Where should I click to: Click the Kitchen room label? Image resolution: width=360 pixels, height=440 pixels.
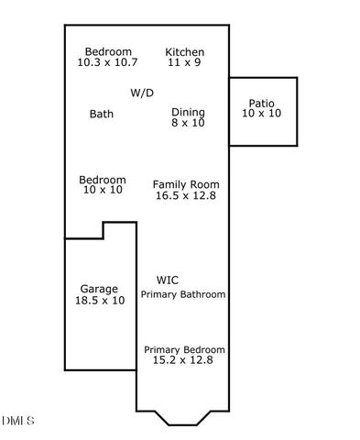pos(184,52)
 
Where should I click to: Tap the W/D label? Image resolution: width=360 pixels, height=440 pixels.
pos(142,93)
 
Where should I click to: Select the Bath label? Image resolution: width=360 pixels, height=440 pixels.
pos(102,115)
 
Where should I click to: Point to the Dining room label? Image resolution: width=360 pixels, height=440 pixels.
pos(188,113)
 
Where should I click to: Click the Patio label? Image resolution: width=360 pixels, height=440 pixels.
pos(262,103)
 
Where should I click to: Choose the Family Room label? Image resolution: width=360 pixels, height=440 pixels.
pos(186,184)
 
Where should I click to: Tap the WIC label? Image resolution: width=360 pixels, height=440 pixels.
pos(168,280)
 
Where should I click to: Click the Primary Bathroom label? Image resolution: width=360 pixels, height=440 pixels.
pos(183,294)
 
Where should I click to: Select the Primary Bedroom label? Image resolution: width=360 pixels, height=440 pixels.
pos(184,350)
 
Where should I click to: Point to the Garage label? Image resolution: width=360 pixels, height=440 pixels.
pos(99,289)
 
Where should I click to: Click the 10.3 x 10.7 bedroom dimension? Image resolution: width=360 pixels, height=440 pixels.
pos(107,62)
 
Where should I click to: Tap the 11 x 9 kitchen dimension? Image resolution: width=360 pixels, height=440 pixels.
pos(184,62)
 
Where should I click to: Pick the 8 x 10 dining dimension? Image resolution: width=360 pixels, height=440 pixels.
pos(188,123)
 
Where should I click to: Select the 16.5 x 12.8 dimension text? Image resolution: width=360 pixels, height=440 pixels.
pos(186,195)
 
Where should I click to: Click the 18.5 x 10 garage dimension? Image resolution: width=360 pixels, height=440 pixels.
pos(99,300)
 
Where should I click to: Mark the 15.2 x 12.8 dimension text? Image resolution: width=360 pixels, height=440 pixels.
pos(183,360)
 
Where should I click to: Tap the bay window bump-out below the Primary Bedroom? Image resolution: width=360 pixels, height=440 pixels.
pos(183,417)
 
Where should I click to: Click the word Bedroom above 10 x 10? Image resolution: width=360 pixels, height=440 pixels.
pos(102,180)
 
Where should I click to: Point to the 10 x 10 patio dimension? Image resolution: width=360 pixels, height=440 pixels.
pos(262,113)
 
